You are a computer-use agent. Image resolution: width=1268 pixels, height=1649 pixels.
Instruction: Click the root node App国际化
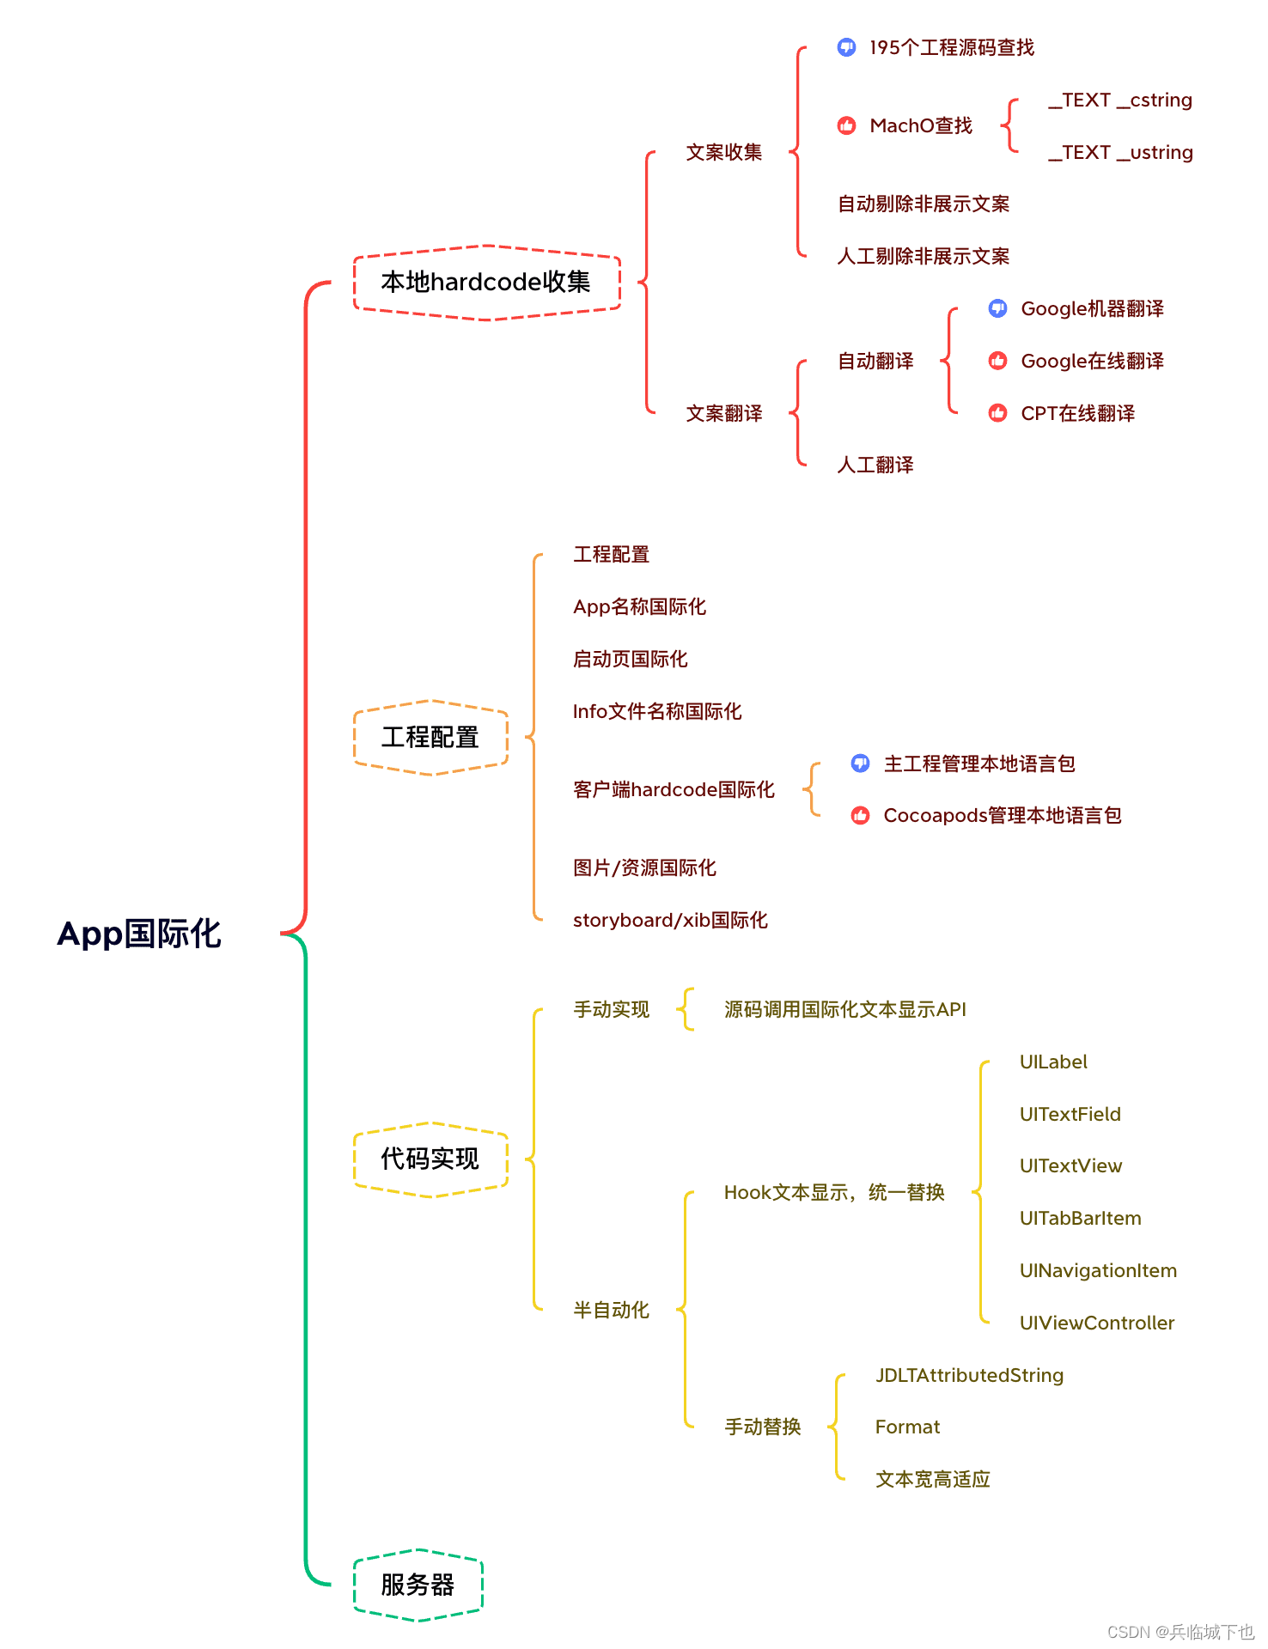[x=139, y=934]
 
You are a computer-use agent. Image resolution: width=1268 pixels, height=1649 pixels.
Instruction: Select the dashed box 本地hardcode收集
[x=486, y=283]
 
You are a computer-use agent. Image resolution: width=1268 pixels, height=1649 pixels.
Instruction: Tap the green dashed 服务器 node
[x=418, y=1585]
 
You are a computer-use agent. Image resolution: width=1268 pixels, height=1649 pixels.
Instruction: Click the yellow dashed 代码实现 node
[x=430, y=1159]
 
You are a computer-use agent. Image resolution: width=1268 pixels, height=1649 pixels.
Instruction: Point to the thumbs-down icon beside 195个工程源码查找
[x=846, y=47]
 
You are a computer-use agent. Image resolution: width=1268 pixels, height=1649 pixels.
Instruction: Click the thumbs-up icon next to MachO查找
[x=846, y=125]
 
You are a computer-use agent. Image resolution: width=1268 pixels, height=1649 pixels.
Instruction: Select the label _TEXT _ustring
[x=1120, y=152]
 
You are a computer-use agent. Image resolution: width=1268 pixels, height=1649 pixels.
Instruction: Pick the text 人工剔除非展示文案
[x=924, y=256]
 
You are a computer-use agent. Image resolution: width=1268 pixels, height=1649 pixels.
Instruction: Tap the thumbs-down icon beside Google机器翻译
[x=997, y=308]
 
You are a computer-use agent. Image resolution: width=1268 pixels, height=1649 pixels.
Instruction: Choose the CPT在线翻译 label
[x=1077, y=413]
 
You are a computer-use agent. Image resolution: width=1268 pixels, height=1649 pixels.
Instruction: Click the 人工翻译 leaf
[x=875, y=465]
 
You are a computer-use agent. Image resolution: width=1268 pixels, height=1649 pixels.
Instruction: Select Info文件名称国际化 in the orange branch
[x=657, y=711]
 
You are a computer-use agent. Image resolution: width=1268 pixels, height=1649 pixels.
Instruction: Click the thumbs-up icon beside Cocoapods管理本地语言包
[x=860, y=815]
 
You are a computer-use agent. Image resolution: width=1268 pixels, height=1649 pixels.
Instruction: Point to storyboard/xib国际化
[x=670, y=920]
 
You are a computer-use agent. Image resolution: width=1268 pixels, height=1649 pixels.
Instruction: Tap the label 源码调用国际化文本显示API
[x=844, y=1009]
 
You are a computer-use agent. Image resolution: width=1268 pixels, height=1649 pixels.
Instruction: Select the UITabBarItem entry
[x=1080, y=1218]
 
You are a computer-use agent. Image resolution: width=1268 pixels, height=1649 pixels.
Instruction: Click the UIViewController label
[x=1096, y=1323]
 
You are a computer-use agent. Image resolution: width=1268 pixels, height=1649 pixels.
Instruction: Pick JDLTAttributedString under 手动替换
[x=969, y=1375]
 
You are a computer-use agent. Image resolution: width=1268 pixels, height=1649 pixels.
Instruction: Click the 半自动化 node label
[x=612, y=1310]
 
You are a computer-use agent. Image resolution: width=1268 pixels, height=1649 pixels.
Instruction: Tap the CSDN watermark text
[x=1180, y=1632]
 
